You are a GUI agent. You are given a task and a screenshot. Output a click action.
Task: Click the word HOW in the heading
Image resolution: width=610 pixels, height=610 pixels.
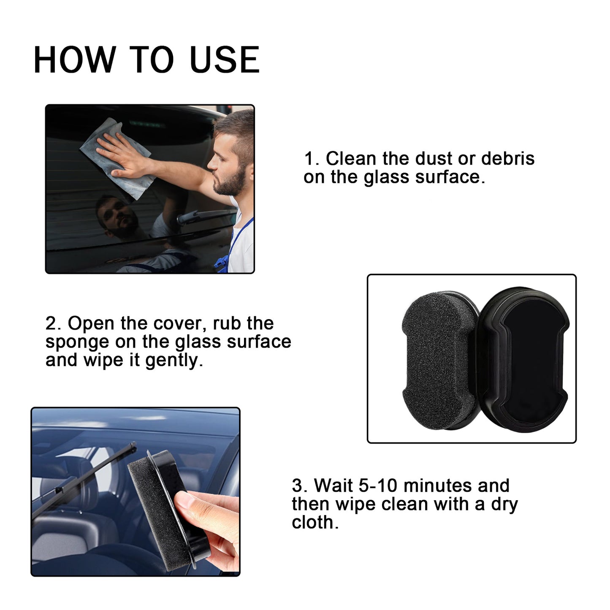(74, 60)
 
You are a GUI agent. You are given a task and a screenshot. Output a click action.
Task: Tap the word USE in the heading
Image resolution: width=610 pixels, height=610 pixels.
(224, 60)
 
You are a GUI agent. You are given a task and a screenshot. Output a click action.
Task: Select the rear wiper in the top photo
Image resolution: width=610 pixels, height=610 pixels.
(203, 216)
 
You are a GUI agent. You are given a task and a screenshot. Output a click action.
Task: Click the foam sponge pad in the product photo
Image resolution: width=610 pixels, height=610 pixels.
(437, 361)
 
